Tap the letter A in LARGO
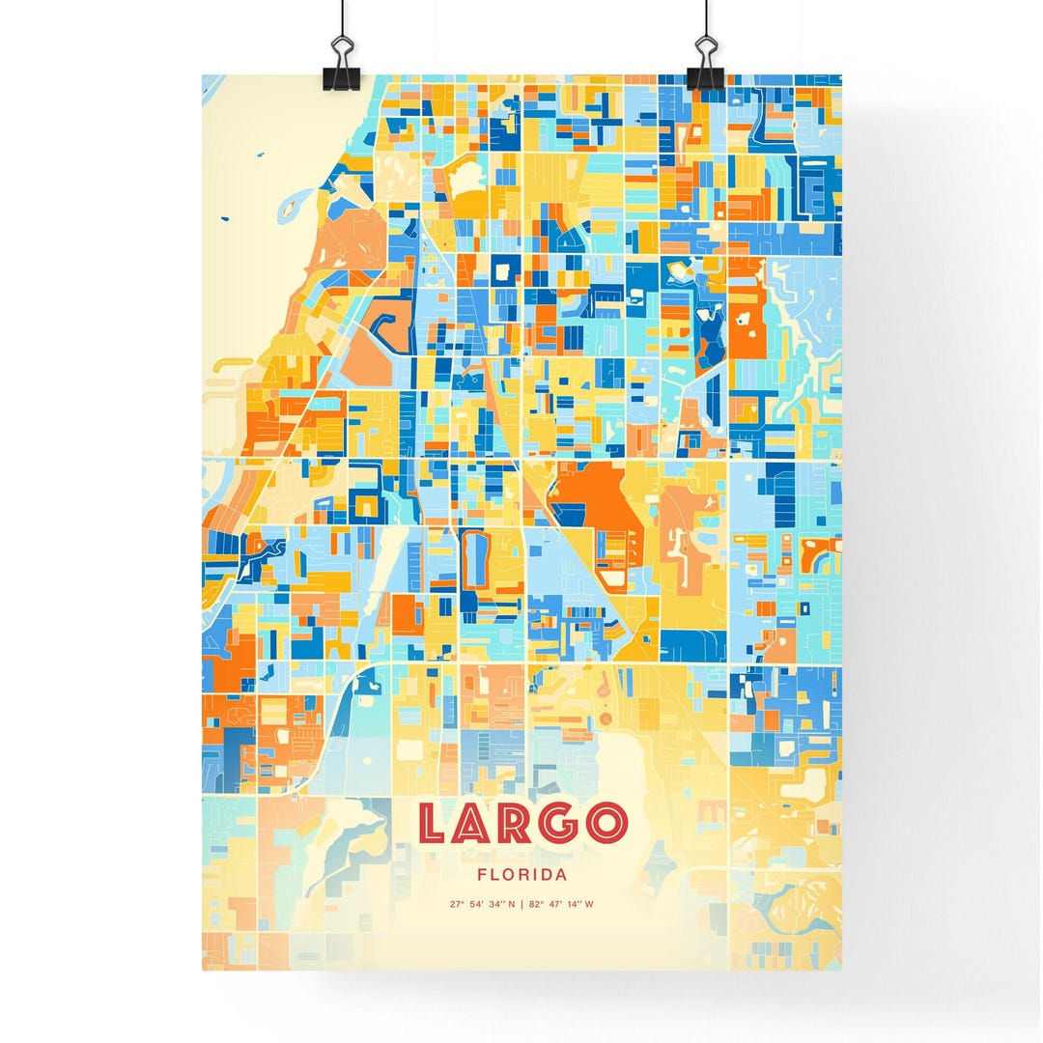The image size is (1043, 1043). pos(477,824)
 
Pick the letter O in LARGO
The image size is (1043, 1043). pos(607,824)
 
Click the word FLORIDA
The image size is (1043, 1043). pos(521,875)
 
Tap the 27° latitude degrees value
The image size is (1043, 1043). pos(457,905)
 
